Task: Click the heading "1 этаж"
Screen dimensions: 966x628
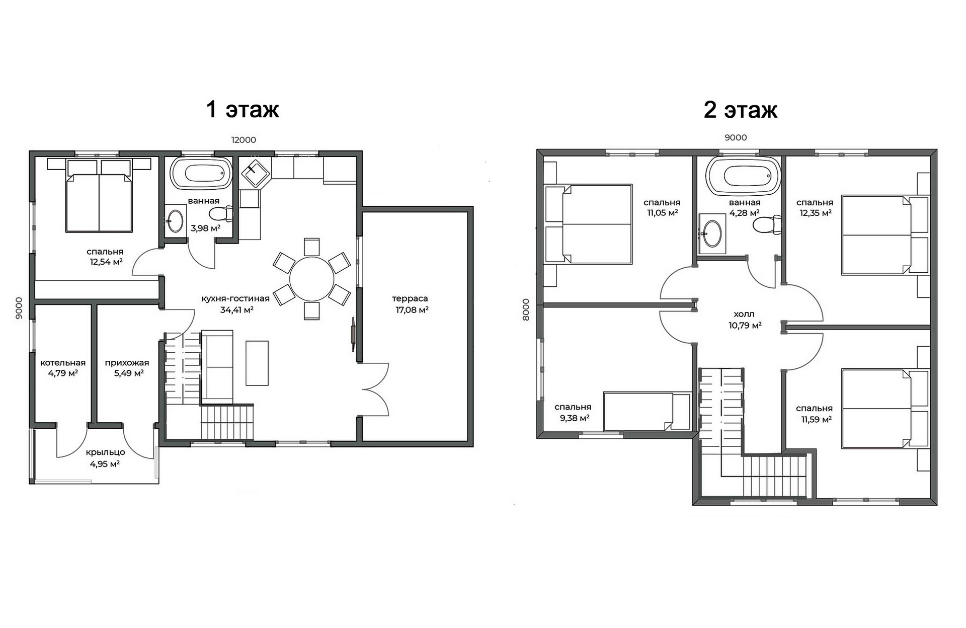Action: [x=243, y=109]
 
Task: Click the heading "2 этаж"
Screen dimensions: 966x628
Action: [x=741, y=110]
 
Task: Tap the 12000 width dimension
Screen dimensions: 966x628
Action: [x=244, y=140]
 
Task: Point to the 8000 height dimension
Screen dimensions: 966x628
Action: [x=526, y=309]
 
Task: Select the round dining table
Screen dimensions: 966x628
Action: [x=311, y=279]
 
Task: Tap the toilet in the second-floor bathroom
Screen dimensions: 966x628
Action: [x=767, y=224]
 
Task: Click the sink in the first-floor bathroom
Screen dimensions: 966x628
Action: [x=175, y=221]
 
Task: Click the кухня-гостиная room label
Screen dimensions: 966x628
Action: [x=235, y=298]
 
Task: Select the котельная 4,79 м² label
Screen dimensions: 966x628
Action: [x=63, y=368]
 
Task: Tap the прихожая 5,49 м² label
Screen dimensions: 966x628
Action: [x=127, y=368]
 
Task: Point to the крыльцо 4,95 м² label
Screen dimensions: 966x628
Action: [x=105, y=457]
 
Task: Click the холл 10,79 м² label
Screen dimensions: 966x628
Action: [x=745, y=320]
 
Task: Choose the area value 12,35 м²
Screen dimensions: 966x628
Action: [x=816, y=213]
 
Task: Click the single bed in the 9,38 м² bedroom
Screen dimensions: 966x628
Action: [x=647, y=412]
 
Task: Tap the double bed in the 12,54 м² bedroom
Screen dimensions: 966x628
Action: [x=99, y=196]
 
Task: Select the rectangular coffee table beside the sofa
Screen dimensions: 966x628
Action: [x=257, y=363]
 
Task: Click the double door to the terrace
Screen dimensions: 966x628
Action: [x=375, y=389]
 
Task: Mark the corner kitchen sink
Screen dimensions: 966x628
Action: [x=256, y=173]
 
